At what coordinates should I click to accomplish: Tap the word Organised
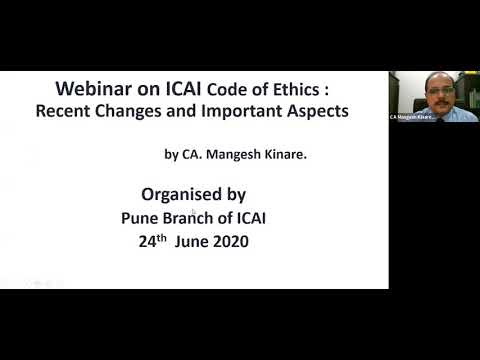point(183,194)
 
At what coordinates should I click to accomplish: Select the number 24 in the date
point(148,241)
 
